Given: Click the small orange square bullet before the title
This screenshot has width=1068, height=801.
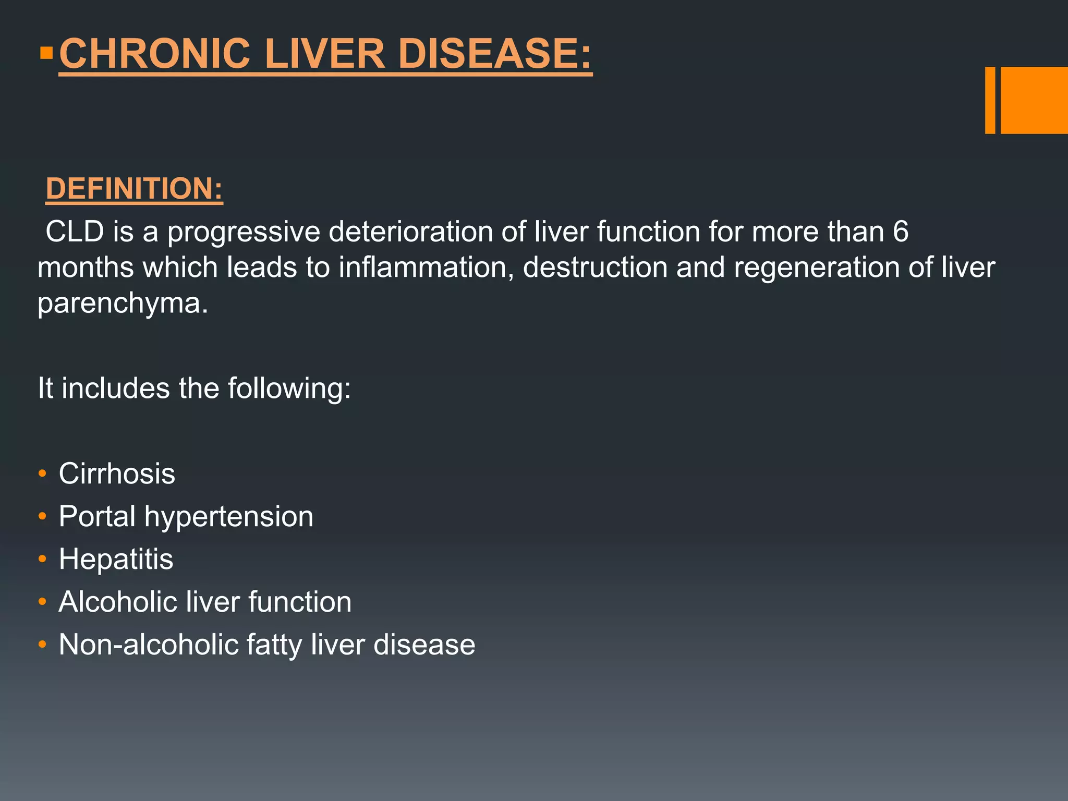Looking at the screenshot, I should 46,53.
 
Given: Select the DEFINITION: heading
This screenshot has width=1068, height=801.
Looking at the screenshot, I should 134,188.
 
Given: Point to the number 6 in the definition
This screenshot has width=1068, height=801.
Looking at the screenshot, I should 901,232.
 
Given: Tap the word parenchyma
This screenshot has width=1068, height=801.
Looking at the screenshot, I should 123,303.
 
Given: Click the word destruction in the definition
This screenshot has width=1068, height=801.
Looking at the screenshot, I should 595,268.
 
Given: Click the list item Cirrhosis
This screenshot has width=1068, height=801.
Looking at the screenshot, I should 117,474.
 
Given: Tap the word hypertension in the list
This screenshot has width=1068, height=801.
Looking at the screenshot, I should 229,517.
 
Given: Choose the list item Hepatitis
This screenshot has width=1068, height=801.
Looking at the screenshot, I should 116,559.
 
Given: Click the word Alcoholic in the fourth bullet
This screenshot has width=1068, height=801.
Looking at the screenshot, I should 118,602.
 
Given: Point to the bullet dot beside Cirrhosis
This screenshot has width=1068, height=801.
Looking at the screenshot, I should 43,474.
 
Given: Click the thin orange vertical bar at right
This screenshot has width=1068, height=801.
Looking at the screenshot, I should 990,100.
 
